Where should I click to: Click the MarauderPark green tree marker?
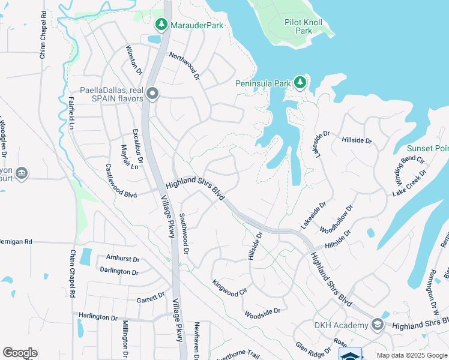click(160, 25)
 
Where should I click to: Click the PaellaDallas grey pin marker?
click(152, 94)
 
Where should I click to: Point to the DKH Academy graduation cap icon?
click(377, 325)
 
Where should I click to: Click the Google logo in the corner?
click(20, 353)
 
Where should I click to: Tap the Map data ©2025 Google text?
click(412, 355)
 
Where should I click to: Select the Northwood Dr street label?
click(184, 66)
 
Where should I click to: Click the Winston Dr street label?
click(134, 60)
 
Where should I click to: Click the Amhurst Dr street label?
click(122, 259)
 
